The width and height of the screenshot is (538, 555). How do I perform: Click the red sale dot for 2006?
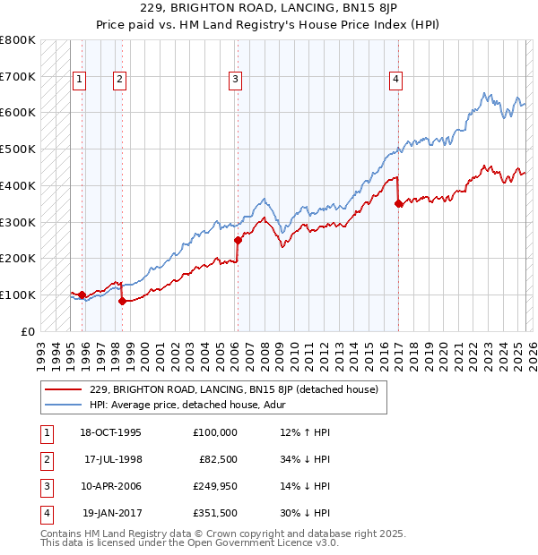238,240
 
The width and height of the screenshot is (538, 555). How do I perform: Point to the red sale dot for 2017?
398,203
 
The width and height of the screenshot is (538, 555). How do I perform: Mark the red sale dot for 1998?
122,301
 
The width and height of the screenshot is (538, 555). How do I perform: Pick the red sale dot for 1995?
82,295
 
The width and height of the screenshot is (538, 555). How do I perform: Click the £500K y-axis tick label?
18,149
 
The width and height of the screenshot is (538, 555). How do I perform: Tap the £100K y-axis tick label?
18,295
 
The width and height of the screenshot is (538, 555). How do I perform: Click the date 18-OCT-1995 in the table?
111,432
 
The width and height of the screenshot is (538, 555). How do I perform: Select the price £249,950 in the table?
215,486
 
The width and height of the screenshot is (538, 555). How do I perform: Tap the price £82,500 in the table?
218,459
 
